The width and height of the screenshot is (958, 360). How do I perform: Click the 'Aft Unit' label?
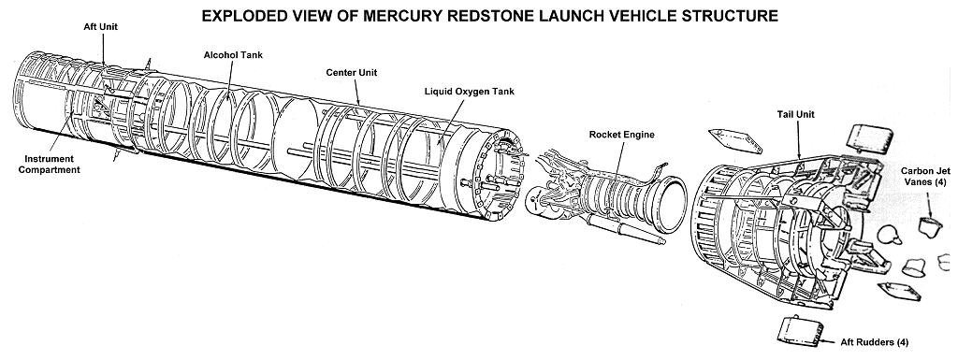tap(101, 27)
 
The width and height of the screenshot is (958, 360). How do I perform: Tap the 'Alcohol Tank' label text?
tap(233, 55)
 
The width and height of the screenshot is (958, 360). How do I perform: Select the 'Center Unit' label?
tap(352, 73)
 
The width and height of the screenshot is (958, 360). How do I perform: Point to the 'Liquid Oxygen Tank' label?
tap(470, 92)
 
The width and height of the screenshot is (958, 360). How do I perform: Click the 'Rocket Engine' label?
tap(621, 135)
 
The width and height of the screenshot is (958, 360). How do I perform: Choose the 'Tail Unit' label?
tap(795, 114)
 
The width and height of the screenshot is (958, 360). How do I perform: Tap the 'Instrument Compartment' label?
tap(49, 165)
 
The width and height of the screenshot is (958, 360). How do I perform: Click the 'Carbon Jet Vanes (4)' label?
tap(923, 177)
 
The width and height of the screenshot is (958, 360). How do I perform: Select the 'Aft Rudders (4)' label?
tap(875, 342)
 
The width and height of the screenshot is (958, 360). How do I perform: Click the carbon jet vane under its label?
tap(931, 225)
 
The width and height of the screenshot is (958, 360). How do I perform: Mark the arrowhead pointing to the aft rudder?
tap(823, 341)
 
